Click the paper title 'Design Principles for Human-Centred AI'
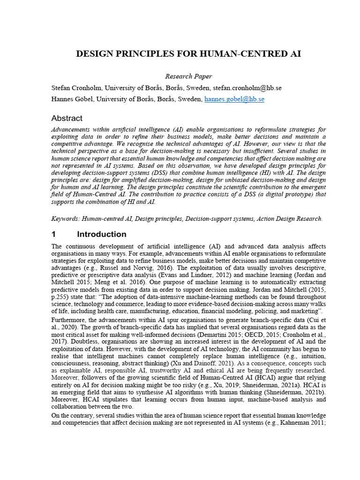coord(188,53)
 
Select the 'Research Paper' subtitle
coord(188,76)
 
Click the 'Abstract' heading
coord(67,118)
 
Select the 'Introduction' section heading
coord(101,234)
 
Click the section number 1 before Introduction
coord(54,234)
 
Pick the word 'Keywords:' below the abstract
coord(65,218)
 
